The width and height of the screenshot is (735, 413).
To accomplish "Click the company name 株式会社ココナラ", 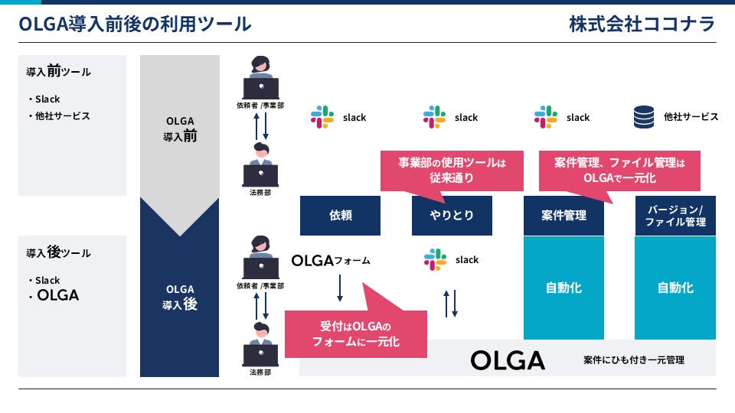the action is (642, 24).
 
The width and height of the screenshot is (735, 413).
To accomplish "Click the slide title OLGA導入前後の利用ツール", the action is (135, 24).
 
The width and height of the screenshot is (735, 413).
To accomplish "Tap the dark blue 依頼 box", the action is (340, 216).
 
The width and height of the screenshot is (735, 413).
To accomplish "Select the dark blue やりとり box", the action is (452, 216).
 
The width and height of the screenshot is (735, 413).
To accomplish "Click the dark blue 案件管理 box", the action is (563, 216).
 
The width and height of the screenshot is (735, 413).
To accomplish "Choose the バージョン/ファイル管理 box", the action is (675, 216).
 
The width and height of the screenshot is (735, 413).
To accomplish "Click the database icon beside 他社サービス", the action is (644, 116).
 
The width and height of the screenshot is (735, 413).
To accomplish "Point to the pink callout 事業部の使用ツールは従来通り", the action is (452, 171).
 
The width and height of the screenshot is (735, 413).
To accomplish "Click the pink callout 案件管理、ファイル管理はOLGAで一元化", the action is (619, 171).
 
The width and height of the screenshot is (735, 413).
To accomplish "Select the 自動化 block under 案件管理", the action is (563, 288).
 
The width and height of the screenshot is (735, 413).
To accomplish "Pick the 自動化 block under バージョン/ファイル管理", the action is (675, 288).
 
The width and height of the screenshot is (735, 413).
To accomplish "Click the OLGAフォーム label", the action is (331, 260).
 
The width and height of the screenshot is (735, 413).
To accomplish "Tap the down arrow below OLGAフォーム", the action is (340, 288).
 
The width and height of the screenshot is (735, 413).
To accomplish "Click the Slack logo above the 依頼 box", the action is (322, 117).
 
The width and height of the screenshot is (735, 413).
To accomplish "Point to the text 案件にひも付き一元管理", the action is (634, 359).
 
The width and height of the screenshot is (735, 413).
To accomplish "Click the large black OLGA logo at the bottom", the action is (508, 360).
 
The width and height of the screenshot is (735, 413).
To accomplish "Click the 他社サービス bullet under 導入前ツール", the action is (59, 115).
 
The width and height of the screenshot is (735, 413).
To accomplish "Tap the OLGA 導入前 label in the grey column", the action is (180, 128).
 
